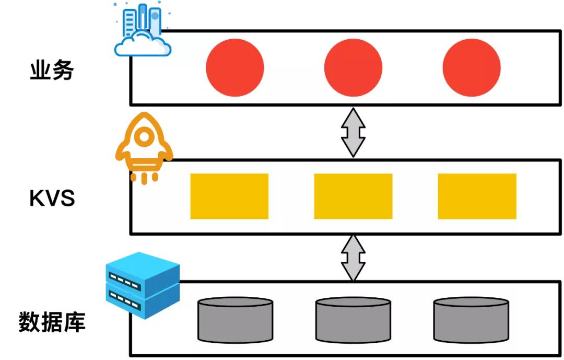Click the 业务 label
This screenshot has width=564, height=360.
(x=52, y=71)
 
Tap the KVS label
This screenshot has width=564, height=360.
(x=52, y=199)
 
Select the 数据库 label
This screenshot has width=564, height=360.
(x=52, y=322)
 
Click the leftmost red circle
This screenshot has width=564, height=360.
(x=235, y=68)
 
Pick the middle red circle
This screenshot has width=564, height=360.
(x=353, y=68)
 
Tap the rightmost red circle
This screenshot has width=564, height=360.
(x=472, y=68)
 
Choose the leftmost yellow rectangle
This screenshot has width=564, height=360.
(x=229, y=196)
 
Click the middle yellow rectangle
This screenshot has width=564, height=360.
(x=353, y=196)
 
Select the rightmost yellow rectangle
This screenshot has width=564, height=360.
(x=477, y=196)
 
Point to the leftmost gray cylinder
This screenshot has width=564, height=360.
(x=235, y=320)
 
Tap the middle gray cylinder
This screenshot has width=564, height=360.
(x=353, y=320)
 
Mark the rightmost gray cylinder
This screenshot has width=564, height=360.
(x=471, y=320)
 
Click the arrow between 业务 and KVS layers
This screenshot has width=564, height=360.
(x=353, y=132)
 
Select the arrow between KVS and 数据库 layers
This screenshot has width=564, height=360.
(x=353, y=258)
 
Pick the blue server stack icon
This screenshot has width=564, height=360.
(x=143, y=284)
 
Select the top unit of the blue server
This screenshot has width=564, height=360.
(x=143, y=272)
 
